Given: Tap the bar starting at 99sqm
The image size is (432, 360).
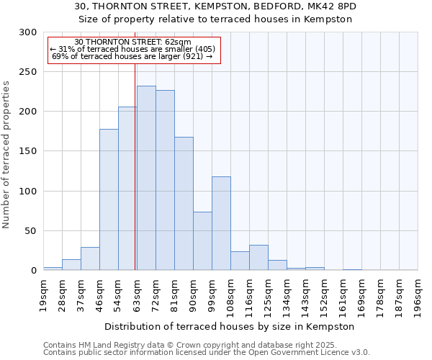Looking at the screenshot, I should click(x=221, y=223).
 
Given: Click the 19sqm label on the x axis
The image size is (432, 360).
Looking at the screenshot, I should click(x=43, y=294).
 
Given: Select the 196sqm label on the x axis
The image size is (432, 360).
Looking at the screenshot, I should click(x=418, y=294).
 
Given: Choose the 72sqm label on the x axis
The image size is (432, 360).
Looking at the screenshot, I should click(x=156, y=294).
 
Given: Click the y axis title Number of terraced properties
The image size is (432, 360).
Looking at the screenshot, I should click(x=7, y=155).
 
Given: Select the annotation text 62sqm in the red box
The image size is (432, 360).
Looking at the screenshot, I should click(x=177, y=42).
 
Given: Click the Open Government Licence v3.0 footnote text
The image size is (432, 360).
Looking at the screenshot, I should click(x=302, y=353).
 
